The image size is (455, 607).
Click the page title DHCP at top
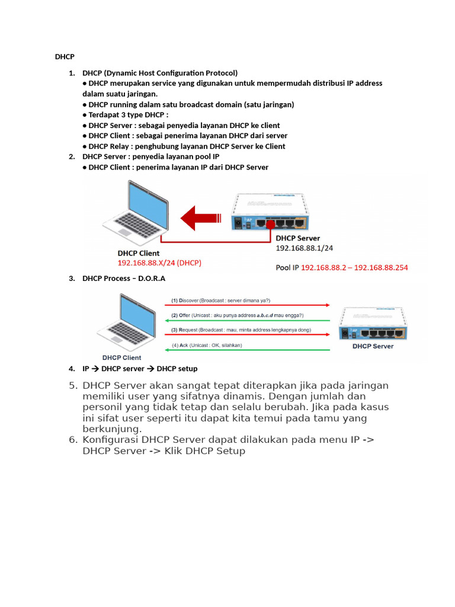(x=65, y=57)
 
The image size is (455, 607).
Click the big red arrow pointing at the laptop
(x=205, y=218)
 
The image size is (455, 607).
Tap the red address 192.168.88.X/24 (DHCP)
(x=159, y=263)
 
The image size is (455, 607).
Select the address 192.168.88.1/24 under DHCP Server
(x=304, y=248)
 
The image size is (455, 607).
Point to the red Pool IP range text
(x=354, y=267)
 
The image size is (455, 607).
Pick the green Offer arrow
(x=249, y=321)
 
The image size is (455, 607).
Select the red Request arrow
(x=249, y=335)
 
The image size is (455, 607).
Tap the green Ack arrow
(x=249, y=350)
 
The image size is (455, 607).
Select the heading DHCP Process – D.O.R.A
(x=124, y=278)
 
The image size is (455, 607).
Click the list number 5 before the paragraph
(x=73, y=385)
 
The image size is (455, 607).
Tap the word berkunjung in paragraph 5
(x=112, y=429)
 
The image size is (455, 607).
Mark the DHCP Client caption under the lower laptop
(x=121, y=357)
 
